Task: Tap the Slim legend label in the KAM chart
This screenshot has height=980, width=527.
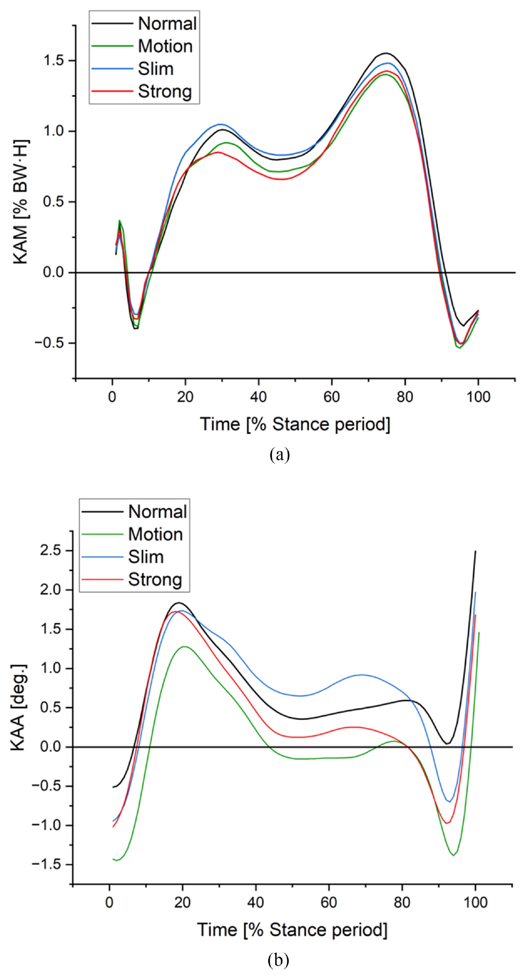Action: (x=156, y=68)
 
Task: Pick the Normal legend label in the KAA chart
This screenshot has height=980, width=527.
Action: (x=157, y=512)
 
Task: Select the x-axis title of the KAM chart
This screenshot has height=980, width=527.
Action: (x=295, y=424)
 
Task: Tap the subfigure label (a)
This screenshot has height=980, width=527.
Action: (x=280, y=455)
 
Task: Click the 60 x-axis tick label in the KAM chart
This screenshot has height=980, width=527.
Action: (x=332, y=397)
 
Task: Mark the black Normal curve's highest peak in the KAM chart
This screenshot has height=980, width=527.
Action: (x=386, y=53)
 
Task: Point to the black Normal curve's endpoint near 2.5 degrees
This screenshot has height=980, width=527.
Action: (x=475, y=551)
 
